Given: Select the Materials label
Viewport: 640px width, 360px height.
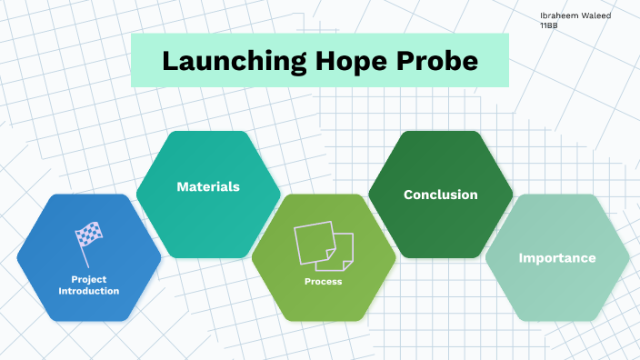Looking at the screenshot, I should [x=208, y=186].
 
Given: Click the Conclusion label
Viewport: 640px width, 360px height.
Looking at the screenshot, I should [x=440, y=195].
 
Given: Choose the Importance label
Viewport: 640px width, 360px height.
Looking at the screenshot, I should [x=557, y=258].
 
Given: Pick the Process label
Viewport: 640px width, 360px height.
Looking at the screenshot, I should [x=324, y=282].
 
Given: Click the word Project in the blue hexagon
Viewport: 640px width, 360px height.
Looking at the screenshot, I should [x=89, y=279].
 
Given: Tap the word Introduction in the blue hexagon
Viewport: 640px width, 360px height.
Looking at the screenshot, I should [x=89, y=291].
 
